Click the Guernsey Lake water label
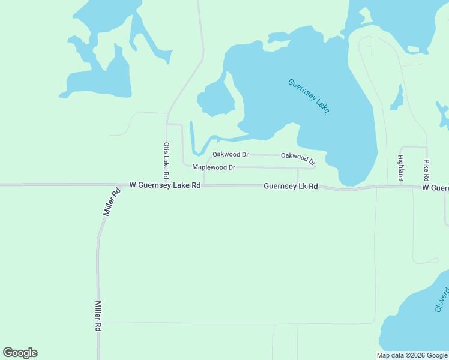309,96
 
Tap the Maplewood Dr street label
213,167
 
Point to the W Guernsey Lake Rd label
164,186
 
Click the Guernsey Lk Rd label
291,187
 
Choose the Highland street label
400,167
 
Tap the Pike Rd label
426,170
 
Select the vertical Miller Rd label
97,316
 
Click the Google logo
20,353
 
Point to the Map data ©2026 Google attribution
412,355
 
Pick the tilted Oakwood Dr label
298,158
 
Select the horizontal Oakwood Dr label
231,155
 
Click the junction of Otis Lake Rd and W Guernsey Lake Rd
167,185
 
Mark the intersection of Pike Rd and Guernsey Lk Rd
427,187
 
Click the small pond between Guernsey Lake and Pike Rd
397,98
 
